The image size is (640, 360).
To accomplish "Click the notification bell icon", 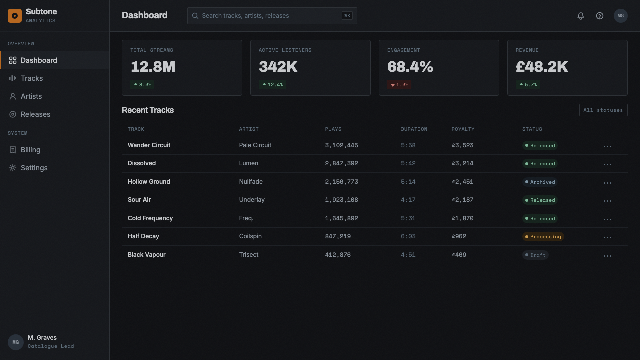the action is (580, 16).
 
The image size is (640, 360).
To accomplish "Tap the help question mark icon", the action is (599, 16).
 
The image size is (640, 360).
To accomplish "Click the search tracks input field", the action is (272, 16).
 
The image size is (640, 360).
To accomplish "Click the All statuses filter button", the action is (603, 110).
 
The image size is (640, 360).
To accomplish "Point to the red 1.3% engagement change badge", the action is (399, 85).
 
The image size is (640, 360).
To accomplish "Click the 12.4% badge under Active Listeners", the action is (272, 85).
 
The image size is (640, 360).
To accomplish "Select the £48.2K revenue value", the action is (541, 67).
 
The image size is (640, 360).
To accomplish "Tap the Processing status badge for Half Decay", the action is (543, 237).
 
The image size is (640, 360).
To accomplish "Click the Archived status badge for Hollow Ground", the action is (540, 182).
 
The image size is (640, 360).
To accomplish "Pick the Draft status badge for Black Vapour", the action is (535, 255).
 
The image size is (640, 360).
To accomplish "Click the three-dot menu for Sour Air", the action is (607, 201).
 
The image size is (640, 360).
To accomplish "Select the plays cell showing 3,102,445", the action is (341, 145).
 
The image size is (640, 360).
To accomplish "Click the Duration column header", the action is (414, 129).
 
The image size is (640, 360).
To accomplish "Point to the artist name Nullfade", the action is (251, 182).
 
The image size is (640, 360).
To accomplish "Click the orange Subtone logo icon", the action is (15, 16).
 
